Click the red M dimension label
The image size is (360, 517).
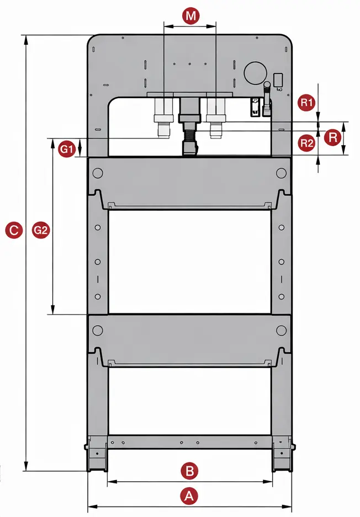190,16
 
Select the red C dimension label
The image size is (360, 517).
14,230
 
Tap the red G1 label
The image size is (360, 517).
67,149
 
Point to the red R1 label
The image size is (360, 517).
307,102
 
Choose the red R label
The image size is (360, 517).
332,137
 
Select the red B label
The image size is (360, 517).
189,471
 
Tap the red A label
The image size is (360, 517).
189,495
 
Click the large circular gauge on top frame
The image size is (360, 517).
255,72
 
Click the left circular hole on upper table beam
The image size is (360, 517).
98,173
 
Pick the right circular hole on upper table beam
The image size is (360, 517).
282,173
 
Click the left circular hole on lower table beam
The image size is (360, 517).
98,330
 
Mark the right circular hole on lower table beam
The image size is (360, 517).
282,330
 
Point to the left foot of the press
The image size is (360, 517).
97,455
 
